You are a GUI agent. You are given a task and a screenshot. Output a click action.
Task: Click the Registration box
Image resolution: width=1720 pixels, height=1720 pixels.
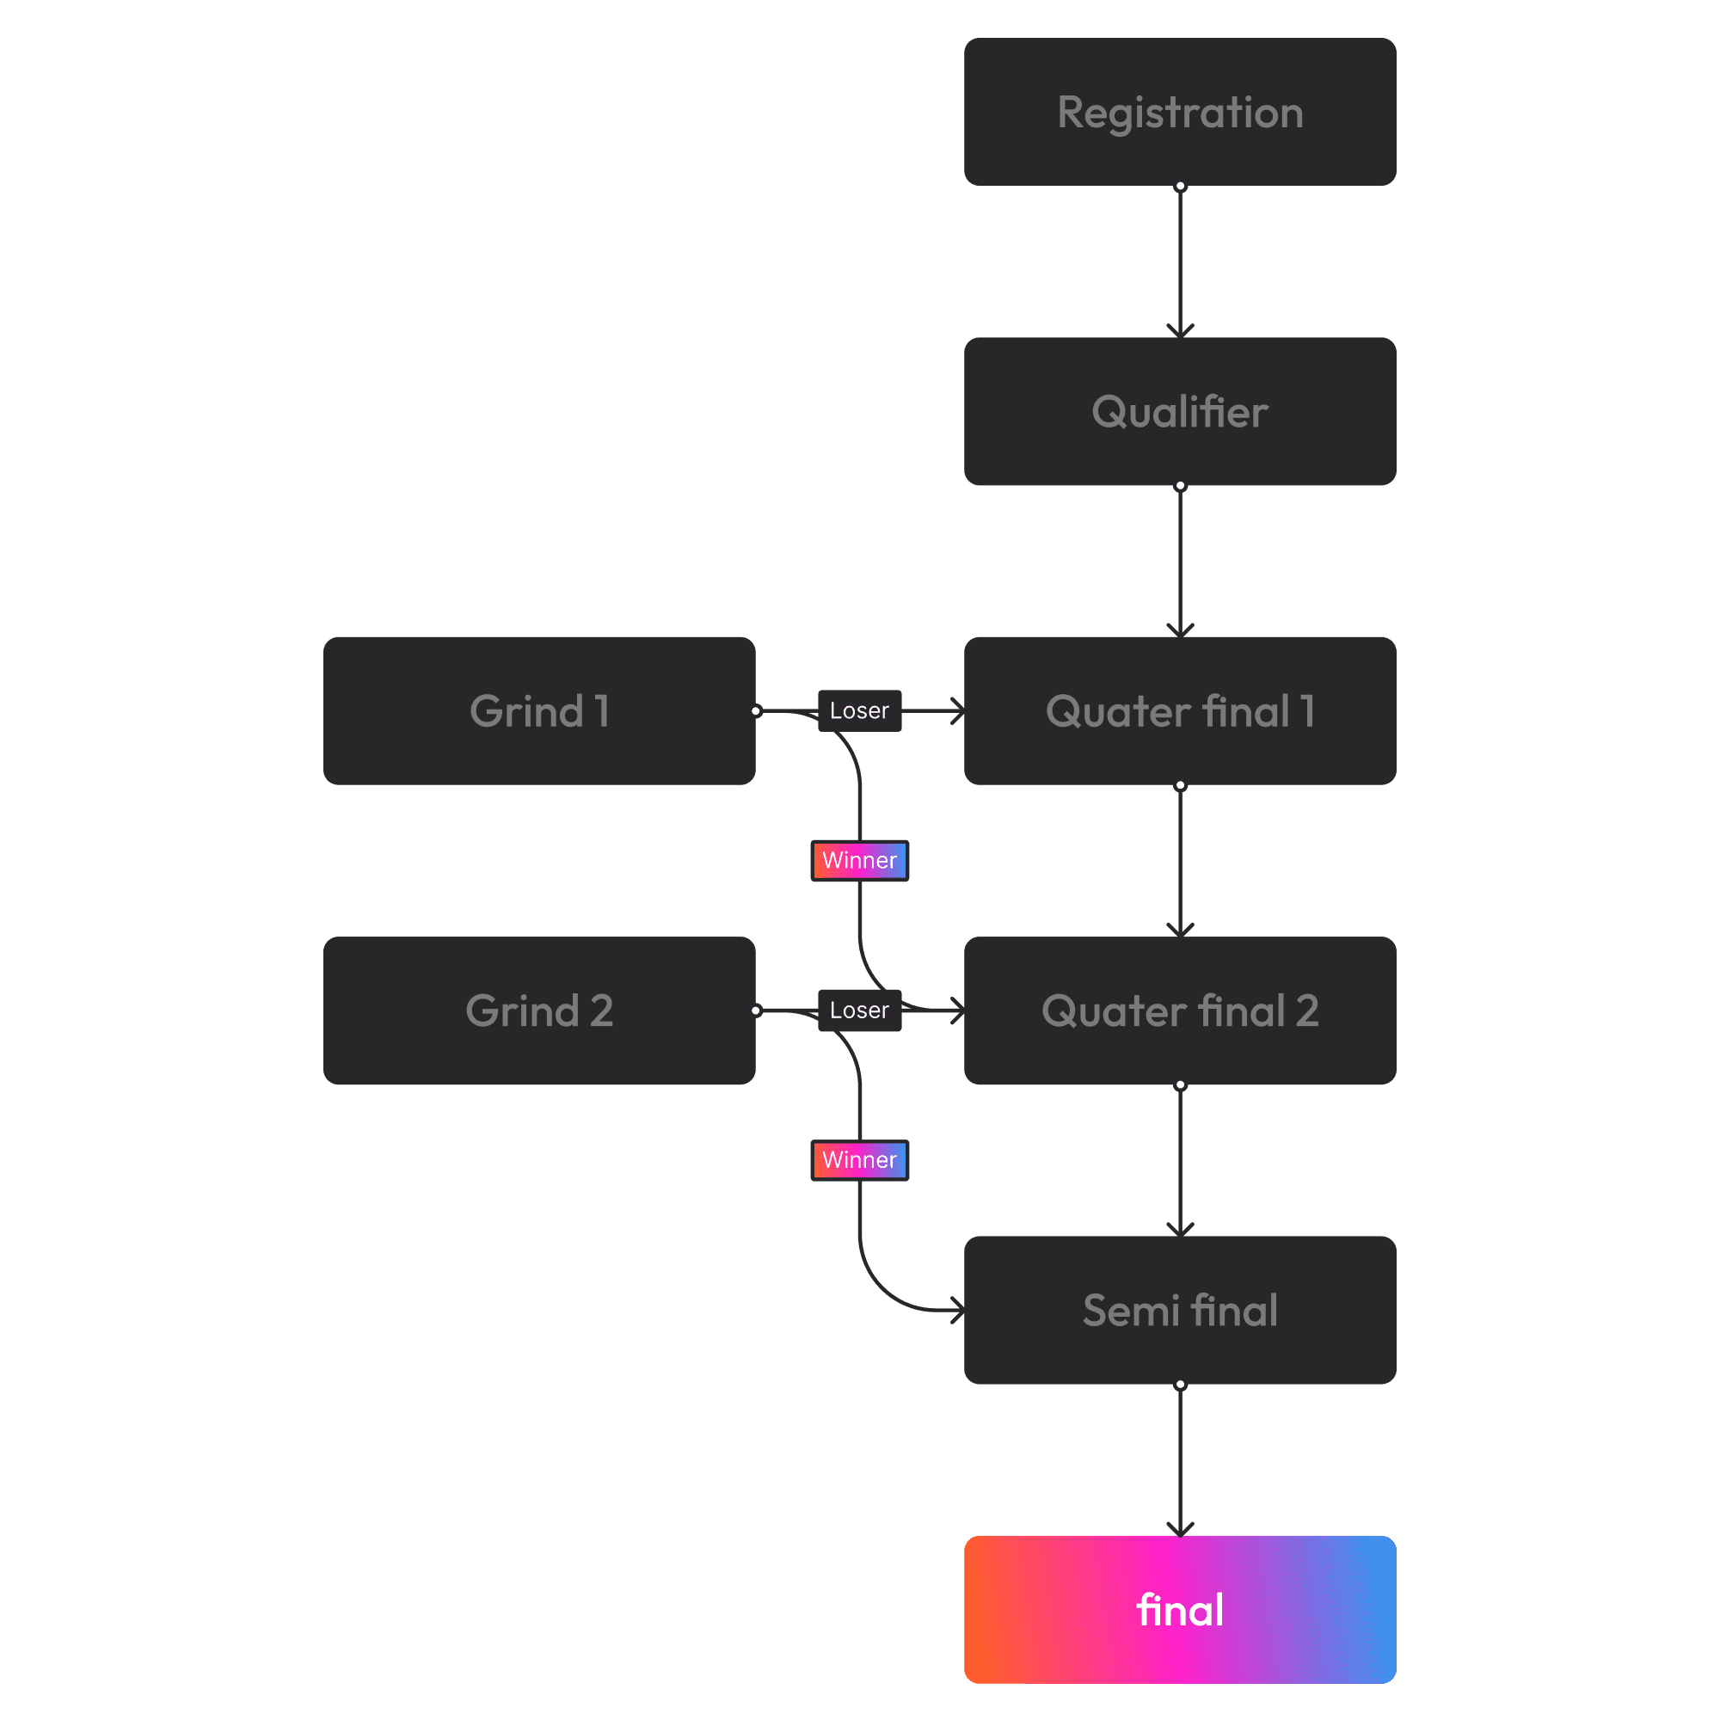coord(1180,112)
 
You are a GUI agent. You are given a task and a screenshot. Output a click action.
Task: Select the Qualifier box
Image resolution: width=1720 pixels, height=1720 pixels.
coord(1180,411)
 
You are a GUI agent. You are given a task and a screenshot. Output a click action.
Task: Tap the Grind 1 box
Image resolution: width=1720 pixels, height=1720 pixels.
coord(538,710)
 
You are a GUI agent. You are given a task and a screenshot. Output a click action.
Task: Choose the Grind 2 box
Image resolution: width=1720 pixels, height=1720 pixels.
coord(538,1010)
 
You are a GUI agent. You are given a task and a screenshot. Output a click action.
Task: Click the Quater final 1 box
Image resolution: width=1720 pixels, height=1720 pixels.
coord(1180,710)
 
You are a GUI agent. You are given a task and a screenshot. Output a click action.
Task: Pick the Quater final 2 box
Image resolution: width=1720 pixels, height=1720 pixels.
coord(1180,1010)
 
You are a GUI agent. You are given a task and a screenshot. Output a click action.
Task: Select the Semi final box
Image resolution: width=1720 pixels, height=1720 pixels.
coord(1180,1310)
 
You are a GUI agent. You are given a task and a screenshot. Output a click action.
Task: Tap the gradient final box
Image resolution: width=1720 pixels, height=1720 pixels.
coord(1180,1610)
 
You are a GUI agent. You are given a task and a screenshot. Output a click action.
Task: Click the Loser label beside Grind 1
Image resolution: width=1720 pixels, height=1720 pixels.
coord(859,710)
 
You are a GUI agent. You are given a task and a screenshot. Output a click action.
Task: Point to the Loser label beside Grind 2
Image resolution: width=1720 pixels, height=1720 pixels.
coord(859,1010)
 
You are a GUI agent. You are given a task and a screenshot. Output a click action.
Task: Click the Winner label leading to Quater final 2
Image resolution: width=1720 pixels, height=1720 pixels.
coord(859,860)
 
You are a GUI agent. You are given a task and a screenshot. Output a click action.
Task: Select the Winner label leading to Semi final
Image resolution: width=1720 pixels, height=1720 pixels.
coord(859,1160)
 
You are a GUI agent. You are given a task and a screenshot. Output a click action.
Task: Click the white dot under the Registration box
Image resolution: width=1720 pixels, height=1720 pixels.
coord(1181,186)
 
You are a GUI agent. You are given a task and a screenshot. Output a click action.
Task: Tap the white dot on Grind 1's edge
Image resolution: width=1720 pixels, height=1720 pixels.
coord(756,710)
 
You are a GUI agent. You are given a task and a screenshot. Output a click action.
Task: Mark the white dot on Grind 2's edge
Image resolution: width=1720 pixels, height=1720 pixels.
coord(756,1010)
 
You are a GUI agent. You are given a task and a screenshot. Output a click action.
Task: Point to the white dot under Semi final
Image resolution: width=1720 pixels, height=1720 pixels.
coord(1181,1385)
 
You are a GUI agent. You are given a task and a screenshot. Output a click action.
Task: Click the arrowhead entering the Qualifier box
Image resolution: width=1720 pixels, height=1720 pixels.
coord(1181,331)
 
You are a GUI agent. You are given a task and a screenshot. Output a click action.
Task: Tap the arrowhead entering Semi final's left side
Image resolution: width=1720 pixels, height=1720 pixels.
coord(958,1311)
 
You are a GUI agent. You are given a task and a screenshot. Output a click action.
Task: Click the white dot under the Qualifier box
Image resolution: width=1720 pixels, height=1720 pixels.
coord(1181,486)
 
